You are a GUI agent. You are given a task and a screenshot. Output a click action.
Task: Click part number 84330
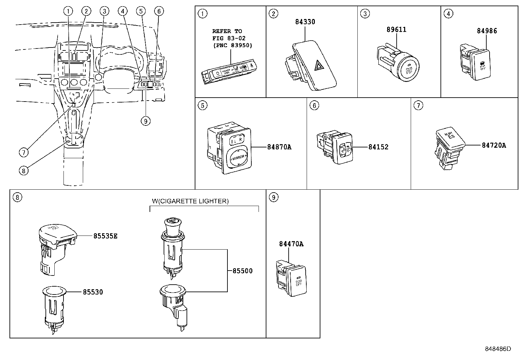[x=305, y=22]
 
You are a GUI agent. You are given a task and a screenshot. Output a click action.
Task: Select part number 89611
[x=396, y=30]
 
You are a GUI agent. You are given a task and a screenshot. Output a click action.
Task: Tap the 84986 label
[x=487, y=31]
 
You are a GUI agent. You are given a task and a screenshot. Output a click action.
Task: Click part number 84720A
[x=494, y=145]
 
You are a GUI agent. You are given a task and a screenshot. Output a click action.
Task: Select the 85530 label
[x=93, y=292]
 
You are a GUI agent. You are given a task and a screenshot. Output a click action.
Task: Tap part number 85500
[x=243, y=271]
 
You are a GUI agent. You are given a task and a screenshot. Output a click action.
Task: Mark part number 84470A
[x=291, y=244]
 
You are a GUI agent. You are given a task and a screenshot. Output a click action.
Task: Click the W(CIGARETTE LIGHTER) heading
[x=190, y=201]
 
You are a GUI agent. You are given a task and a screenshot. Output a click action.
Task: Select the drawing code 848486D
[x=497, y=349]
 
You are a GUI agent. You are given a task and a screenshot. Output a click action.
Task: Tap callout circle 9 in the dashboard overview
[x=146, y=121]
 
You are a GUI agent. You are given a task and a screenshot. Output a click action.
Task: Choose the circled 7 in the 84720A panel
[x=418, y=105]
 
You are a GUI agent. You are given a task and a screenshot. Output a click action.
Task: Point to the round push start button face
[x=408, y=69]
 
